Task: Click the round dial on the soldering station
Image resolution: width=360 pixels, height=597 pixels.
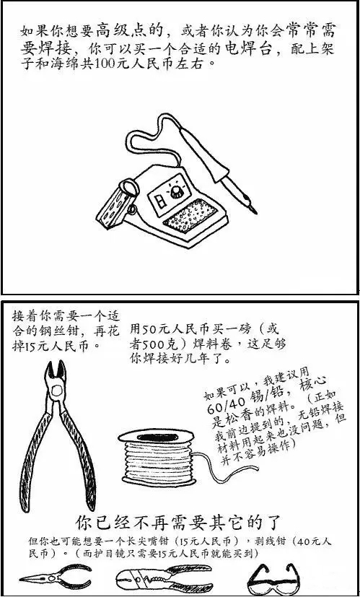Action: point(177,192)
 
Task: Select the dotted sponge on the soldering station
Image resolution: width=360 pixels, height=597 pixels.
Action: point(190,217)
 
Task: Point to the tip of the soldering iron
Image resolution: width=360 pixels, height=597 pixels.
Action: point(255,212)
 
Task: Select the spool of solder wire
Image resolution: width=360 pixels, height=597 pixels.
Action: point(157,457)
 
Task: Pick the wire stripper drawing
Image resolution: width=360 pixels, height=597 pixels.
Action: point(164,578)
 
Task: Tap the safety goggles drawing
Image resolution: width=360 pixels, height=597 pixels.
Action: point(273,578)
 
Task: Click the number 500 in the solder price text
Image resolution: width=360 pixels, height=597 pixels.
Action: point(146,344)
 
